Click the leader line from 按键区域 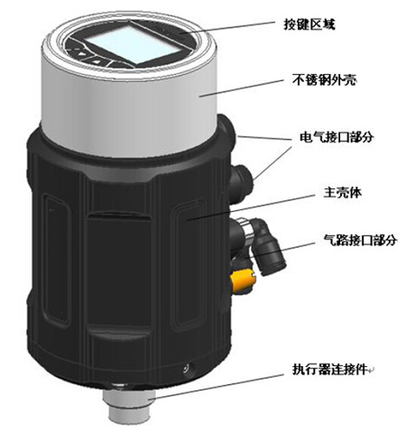[235, 28]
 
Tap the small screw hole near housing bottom [187, 368]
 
